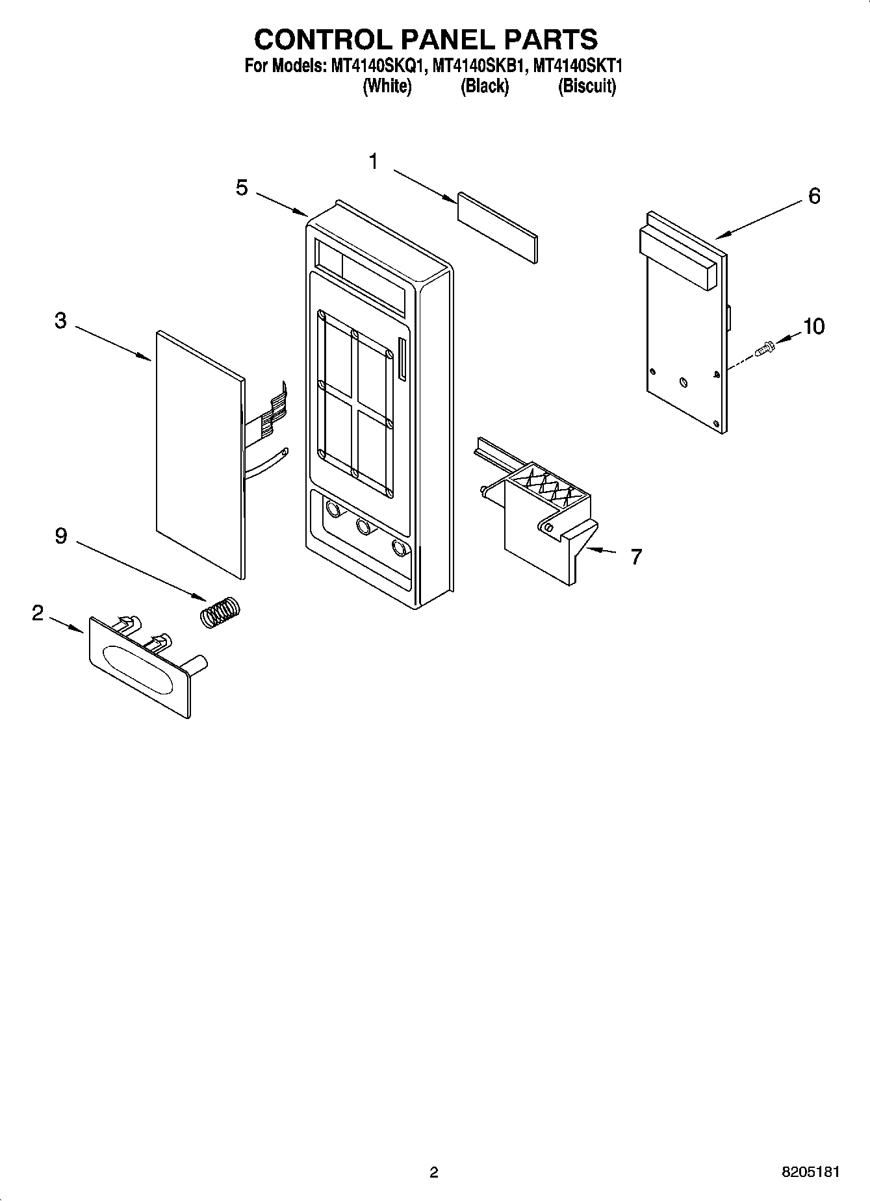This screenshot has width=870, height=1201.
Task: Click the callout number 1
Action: pos(374,161)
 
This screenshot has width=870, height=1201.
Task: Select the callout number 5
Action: pos(242,188)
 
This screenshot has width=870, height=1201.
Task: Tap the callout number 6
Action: pos(814,196)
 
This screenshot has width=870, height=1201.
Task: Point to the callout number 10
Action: pos(813,326)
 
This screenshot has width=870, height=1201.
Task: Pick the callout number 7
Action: pos(636,557)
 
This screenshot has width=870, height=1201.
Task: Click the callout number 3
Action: pos(60,320)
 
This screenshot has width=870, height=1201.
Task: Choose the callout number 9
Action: pos(60,536)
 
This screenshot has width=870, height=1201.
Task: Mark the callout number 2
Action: pos(38,613)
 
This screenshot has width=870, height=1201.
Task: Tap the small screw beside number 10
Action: pos(765,349)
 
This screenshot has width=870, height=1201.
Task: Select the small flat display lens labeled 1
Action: pos(498,227)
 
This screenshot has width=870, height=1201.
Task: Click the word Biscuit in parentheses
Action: pos(587,86)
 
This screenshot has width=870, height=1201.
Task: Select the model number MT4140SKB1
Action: pos(477,66)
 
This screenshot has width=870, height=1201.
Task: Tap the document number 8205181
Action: pos(810,1172)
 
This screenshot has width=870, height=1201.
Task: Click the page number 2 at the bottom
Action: pos(434,1172)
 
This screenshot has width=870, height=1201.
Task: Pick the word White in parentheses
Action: pos(387,86)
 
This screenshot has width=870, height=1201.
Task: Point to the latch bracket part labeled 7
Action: pos(539,520)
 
